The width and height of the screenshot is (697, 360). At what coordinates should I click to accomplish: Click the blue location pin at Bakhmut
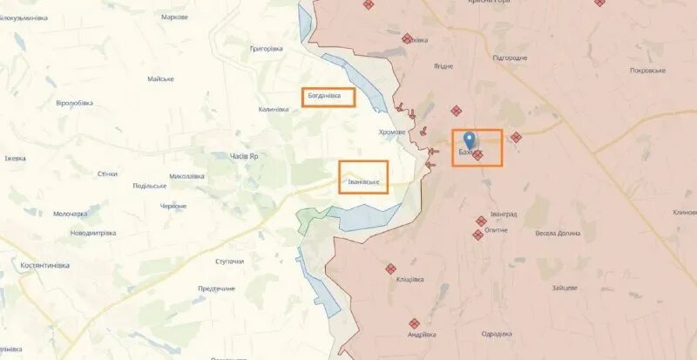point(470,140)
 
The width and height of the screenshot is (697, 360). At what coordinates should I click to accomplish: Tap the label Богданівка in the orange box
point(328,97)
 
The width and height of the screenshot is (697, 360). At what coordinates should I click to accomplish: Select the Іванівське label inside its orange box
point(362,181)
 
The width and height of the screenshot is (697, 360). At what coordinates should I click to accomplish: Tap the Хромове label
point(392,132)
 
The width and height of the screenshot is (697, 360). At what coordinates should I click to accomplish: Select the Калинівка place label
point(280,110)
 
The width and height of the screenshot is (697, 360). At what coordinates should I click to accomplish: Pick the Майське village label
point(160,79)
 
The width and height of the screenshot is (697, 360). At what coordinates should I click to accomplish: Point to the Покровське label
point(647,70)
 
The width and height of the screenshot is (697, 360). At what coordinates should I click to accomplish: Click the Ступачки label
point(229,262)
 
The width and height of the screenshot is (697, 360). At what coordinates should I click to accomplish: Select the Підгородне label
point(510,58)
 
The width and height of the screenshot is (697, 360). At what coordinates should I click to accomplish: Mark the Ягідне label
point(443,66)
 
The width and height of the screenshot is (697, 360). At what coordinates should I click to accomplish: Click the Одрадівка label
point(496,334)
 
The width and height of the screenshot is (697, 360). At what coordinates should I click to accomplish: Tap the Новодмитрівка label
point(93,233)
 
